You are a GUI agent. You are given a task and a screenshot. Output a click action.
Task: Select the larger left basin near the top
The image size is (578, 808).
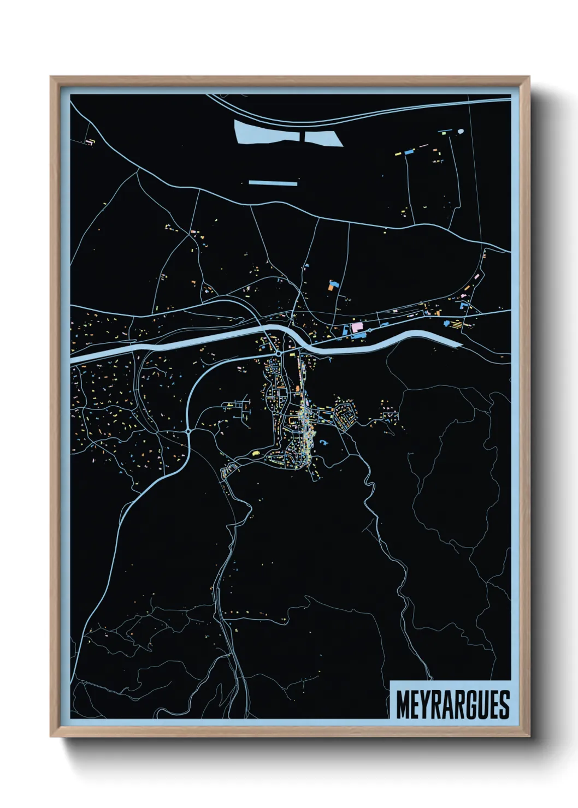(x=267, y=132)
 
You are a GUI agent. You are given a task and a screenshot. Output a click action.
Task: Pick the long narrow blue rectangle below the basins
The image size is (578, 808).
(x=273, y=183)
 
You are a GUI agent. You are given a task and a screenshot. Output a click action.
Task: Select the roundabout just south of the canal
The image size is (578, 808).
(x=279, y=354)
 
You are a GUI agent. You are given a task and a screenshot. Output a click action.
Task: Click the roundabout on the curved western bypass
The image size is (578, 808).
(x=188, y=431)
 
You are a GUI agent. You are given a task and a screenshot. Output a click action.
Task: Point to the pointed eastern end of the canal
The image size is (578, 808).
(x=459, y=344)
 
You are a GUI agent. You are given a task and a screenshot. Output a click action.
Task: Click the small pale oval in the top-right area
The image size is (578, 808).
(x=460, y=131)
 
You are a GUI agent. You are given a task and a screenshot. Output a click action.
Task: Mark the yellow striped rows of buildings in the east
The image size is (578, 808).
(x=455, y=324)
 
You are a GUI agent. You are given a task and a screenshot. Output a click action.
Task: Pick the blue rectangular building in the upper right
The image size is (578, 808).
(x=409, y=150)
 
